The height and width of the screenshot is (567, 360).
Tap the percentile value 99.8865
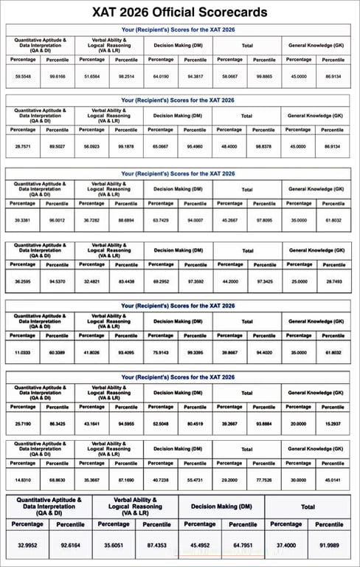pos(264,76)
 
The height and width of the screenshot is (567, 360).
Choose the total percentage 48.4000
pos(229,146)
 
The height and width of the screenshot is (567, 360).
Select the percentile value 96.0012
pos(57,220)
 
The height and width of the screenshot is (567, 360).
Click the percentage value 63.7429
pos(160,220)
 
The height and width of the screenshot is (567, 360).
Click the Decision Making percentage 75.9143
pos(161,352)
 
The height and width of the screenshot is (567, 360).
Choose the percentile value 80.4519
pos(195,424)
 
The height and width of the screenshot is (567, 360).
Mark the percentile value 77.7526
pos(263,480)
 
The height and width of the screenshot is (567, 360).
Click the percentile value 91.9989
pos(328,544)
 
